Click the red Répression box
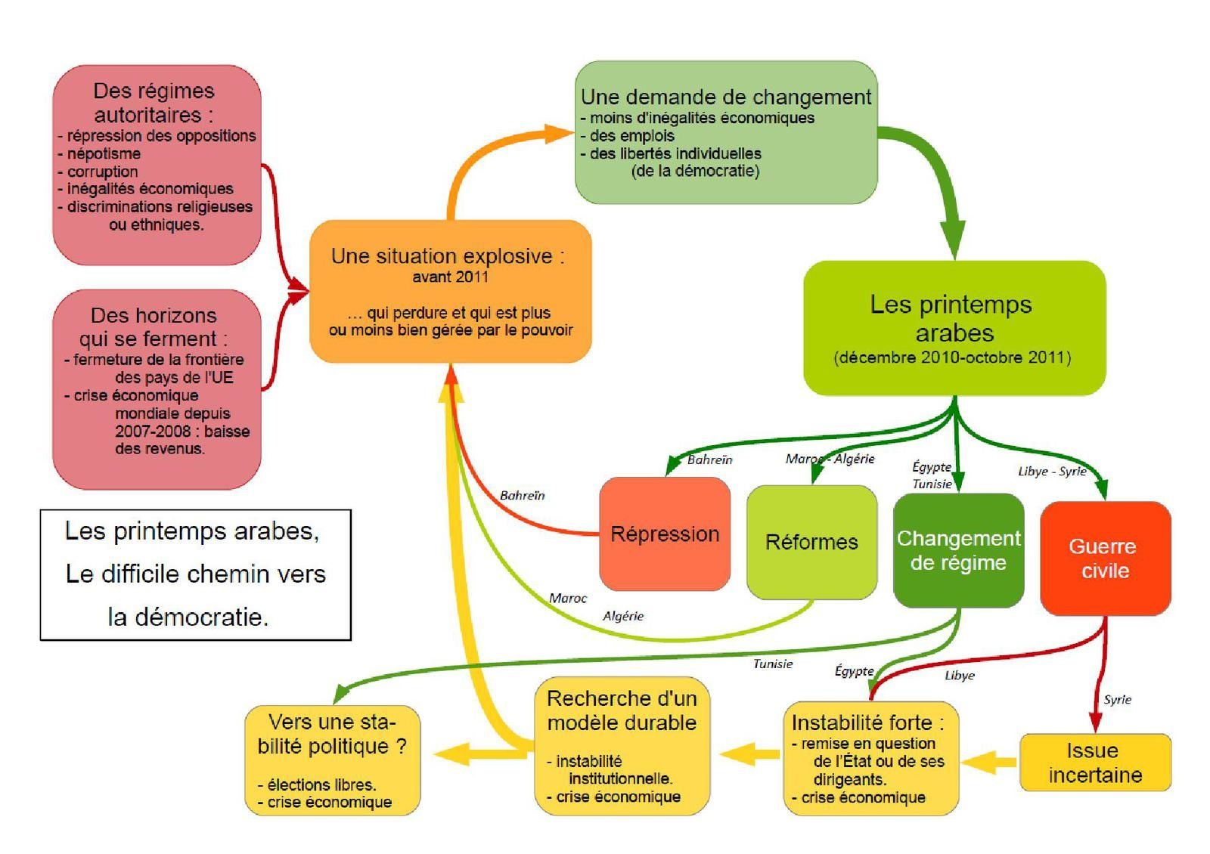[664, 534]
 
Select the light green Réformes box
[811, 542]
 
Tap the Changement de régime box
[957, 550]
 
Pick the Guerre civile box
[1104, 558]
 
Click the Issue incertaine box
[1094, 763]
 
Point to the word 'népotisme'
[104, 153]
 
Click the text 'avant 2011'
[450, 277]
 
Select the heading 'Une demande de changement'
[725, 97]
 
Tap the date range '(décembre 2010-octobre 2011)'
[952, 357]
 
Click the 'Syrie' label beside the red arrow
[1117, 700]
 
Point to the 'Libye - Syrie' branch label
[1051, 472]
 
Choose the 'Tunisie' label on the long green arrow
[772, 664]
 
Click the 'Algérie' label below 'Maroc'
[623, 617]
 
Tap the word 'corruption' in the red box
[102, 172]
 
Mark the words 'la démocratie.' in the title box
[188, 617]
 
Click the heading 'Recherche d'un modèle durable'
[621, 710]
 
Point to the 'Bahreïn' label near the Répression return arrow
[522, 496]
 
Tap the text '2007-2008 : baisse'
[181, 431]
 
